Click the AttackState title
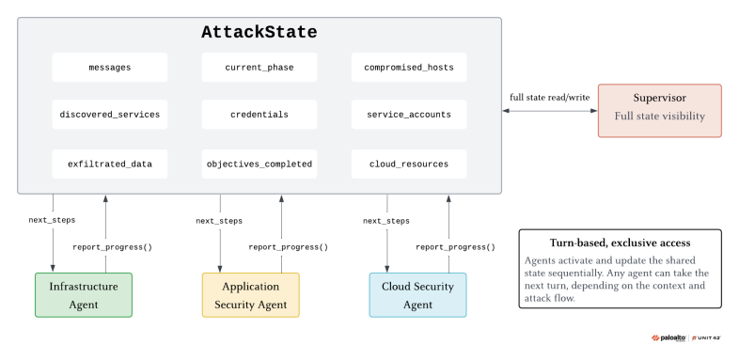click(259, 33)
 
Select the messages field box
click(110, 68)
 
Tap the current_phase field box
click(259, 68)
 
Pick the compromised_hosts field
click(408, 68)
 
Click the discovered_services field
click(110, 115)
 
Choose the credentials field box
click(259, 115)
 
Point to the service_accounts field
click(408, 115)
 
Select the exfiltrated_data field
click(110, 164)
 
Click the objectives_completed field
click(259, 164)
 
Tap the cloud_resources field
click(408, 164)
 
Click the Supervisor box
click(659, 110)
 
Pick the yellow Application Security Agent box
click(250, 295)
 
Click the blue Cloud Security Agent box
click(417, 295)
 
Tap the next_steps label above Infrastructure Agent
click(53, 221)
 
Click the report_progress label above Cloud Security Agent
click(453, 247)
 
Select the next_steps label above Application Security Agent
click(220, 221)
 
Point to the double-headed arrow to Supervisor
click(550, 111)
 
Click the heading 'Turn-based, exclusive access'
click(620, 243)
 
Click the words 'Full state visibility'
click(659, 117)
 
